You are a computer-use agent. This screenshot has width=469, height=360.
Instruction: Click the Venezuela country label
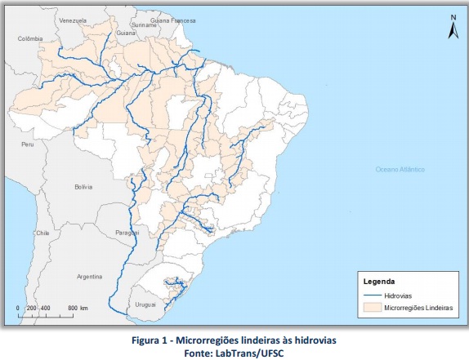coord(74,19)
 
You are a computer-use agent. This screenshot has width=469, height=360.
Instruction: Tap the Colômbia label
coord(29,38)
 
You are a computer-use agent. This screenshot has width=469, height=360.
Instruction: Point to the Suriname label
coord(144,25)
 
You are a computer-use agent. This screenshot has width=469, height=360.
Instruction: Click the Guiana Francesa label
coord(171,19)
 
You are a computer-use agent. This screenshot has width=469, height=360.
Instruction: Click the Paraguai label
coord(130,231)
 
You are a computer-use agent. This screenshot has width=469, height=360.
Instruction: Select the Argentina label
coord(89,277)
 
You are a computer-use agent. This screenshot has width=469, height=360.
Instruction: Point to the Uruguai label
coord(145,304)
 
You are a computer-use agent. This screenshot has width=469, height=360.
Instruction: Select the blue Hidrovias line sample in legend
coord(371,294)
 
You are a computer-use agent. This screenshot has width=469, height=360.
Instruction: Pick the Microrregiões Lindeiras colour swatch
coord(371,307)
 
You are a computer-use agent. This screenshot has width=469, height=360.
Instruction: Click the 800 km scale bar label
coord(78,308)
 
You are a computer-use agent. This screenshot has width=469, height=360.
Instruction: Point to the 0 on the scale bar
coord(18,308)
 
